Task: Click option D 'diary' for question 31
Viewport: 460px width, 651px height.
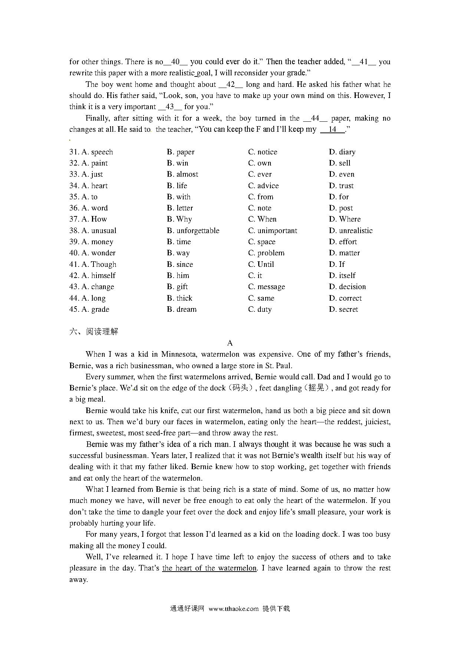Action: point(342,152)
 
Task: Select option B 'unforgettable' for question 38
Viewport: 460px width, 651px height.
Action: point(193,230)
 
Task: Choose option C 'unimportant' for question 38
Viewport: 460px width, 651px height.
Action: point(273,230)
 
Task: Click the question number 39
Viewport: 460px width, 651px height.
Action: point(74,242)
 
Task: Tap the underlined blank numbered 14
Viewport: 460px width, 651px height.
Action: point(332,129)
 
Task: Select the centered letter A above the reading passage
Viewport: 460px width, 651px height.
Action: point(230,343)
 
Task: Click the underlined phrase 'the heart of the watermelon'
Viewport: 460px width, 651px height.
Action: point(209,568)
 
